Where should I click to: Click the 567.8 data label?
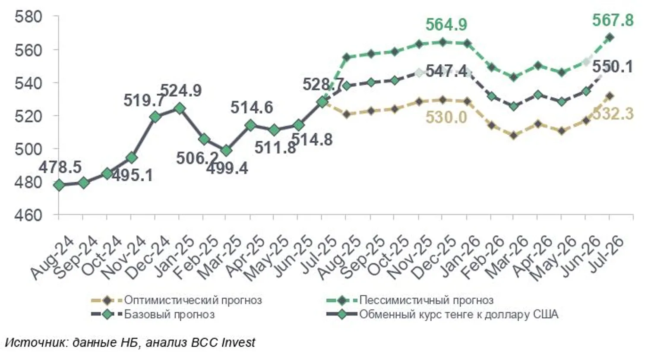coord(613,20)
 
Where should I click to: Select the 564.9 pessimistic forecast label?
coord(446,25)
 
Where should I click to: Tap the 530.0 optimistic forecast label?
coord(446,117)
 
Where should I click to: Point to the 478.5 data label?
coord(60,167)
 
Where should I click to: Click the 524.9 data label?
coord(181,91)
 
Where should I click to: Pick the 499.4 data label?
coord(227,168)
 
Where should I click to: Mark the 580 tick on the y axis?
coord(28,17)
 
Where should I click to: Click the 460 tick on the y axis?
coord(28,215)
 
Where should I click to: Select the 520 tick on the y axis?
coord(28,116)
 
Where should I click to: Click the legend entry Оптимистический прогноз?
coord(193,300)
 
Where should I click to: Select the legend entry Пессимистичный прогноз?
coord(426,300)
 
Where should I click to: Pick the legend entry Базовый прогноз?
coord(169,314)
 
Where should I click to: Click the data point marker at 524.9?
coord(180,109)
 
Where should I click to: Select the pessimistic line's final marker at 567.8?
coord(610,38)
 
